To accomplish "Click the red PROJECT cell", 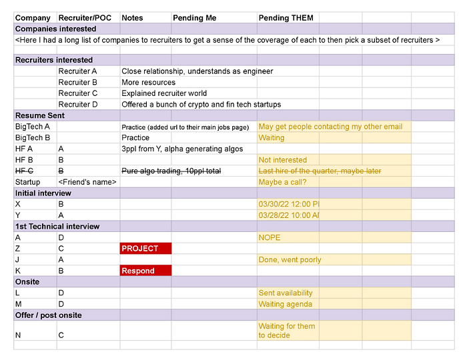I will click(145, 249).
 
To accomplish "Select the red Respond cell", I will click(145, 271).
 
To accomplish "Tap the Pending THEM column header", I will click(286, 18).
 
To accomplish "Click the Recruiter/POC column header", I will click(85, 18).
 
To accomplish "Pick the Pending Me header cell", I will click(194, 18).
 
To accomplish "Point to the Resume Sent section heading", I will click(39, 115).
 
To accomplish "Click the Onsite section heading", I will click(27, 281).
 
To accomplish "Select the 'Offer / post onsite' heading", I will click(49, 315).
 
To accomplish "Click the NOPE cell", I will click(270, 237).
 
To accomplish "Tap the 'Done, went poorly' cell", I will click(290, 259).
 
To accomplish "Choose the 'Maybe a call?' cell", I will click(283, 182).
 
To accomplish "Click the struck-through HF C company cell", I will click(24, 171).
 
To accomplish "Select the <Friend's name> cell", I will click(87, 182).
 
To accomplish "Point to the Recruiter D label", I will click(78, 104).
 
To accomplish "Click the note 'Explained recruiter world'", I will click(164, 93).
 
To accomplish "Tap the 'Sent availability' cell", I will click(286, 293).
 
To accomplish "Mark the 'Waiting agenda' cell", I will click(285, 304).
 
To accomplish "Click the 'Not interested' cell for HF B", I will click(283, 160).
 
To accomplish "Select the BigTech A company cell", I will click(33, 127).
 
